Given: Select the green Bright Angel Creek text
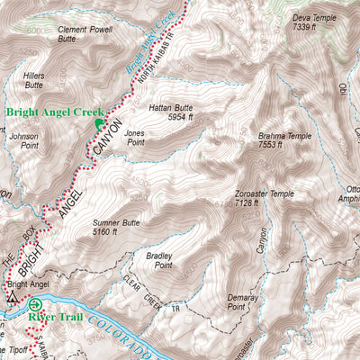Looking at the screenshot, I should pos(49,112).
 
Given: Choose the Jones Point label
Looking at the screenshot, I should pos(137,138).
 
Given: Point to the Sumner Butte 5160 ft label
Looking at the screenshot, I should pos(116,226).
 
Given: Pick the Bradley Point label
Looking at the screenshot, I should pos(158,261).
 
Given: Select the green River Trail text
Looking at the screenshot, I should pos(53,317).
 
